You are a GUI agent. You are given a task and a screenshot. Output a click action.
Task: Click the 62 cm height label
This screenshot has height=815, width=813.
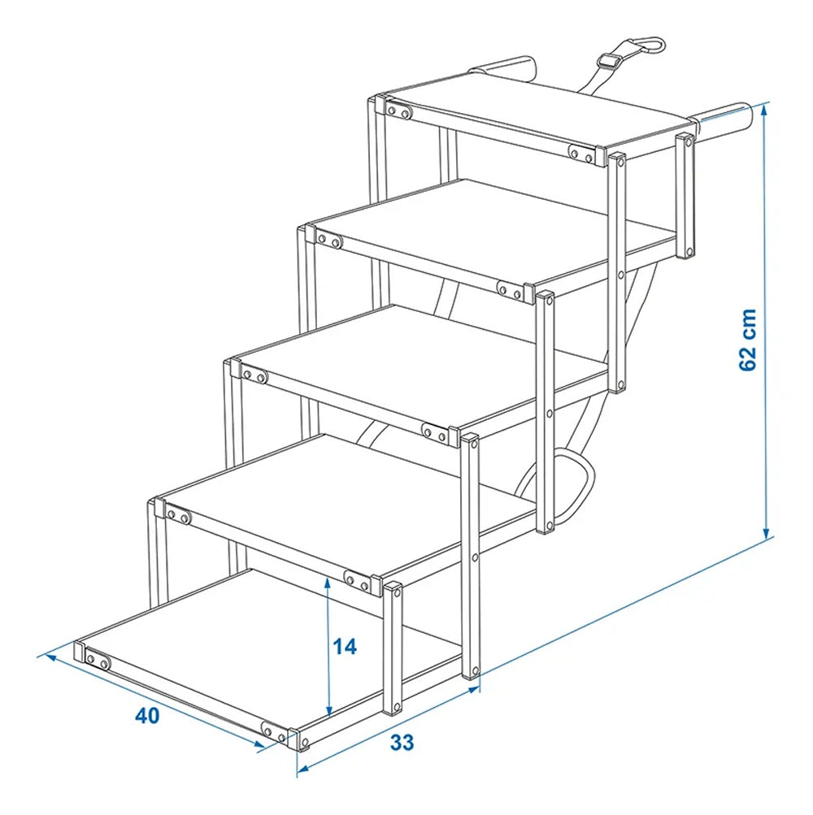tap(749, 340)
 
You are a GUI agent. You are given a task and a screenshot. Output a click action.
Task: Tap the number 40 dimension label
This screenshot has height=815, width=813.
tap(147, 716)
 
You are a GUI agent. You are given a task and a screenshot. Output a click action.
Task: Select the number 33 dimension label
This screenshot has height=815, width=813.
tap(402, 742)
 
